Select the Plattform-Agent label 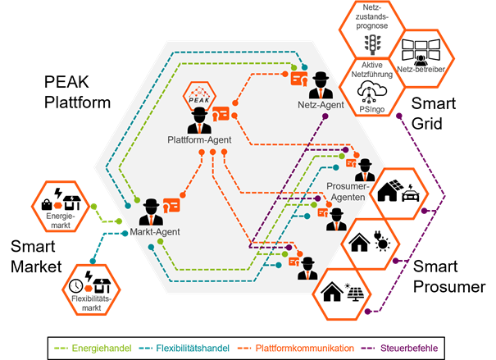point(199,139)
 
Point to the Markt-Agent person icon point(152,212)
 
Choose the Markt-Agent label point(154,232)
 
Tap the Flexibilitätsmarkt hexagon point(90,290)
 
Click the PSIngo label point(371,107)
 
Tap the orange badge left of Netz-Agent point(298,80)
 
